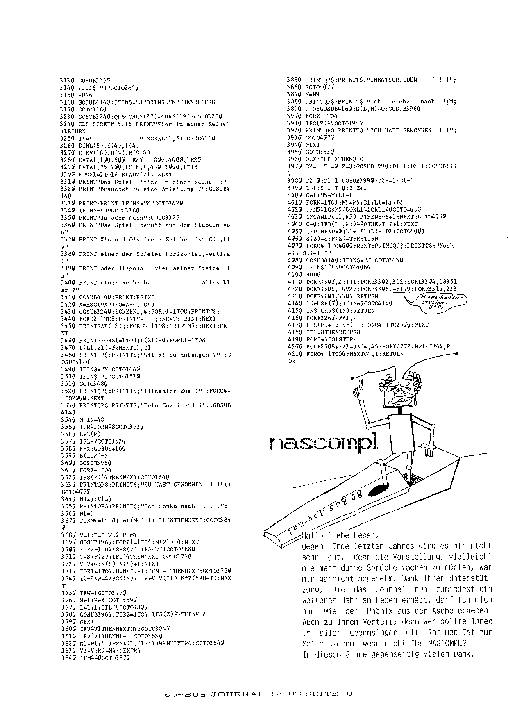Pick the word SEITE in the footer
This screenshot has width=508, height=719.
click(x=322, y=694)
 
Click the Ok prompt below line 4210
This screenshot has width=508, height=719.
click(x=292, y=361)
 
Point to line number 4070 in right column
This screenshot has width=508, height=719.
click(x=295, y=246)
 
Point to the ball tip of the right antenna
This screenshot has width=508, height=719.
click(x=455, y=355)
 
